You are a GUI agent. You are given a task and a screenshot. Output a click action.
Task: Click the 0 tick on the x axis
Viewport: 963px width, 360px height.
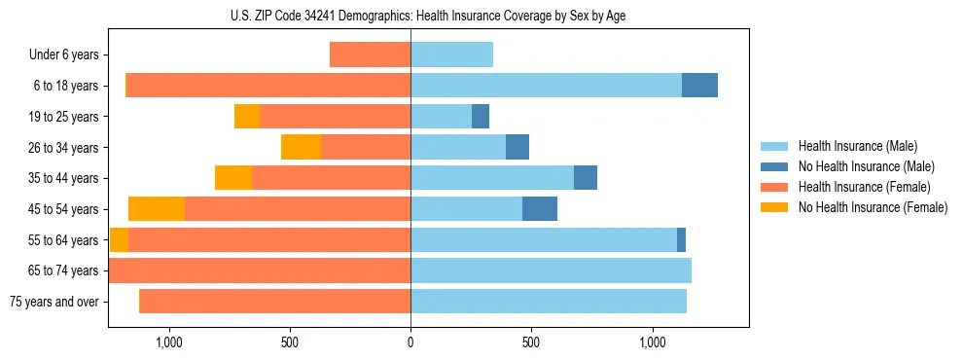(x=410, y=342)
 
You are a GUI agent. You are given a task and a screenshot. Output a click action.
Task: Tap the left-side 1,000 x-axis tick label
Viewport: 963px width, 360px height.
(x=169, y=342)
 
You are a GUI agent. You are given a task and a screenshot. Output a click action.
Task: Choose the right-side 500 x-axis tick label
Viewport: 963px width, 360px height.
(x=531, y=342)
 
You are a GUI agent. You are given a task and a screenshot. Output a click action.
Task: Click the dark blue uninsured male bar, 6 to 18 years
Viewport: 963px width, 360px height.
(x=699, y=86)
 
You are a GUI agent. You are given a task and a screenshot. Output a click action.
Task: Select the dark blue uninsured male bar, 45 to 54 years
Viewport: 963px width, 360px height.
(x=540, y=209)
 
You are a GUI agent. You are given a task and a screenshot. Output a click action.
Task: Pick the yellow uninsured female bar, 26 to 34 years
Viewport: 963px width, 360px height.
(x=301, y=147)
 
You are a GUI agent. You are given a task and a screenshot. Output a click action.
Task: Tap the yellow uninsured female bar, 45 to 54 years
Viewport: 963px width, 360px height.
(x=157, y=209)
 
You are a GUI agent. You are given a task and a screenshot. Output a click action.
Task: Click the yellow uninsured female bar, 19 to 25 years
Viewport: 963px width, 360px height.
(x=247, y=117)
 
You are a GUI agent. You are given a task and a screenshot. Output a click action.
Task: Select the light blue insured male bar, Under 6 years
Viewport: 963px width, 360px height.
(x=451, y=55)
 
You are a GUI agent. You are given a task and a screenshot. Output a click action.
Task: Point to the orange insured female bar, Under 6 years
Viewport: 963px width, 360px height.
(x=370, y=55)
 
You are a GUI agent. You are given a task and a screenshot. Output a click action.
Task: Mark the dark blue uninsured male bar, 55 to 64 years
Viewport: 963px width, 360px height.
(x=681, y=239)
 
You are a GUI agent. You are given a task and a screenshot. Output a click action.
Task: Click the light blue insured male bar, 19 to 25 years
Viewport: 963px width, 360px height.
(x=441, y=117)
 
